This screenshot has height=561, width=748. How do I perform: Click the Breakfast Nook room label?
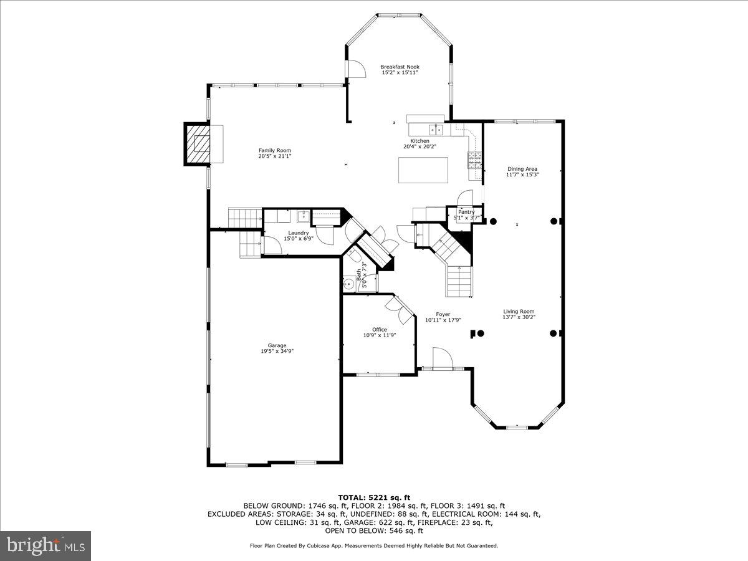coord(400,67)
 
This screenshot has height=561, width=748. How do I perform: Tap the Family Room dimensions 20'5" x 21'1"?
coord(275,156)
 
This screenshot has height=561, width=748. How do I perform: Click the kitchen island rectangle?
coord(423,170)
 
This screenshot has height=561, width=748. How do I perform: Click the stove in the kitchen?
coord(474,160)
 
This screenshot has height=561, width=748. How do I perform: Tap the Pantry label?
coord(466,212)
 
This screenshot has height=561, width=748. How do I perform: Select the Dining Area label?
coord(522,169)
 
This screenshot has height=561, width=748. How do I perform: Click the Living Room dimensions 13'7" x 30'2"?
coord(519,317)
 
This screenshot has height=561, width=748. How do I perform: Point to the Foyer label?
coord(443,314)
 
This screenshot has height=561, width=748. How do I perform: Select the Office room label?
coord(380,329)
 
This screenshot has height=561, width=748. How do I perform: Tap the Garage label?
coord(277,345)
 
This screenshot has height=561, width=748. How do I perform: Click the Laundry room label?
coord(299,233)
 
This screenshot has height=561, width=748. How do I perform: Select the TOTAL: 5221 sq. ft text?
coord(374,497)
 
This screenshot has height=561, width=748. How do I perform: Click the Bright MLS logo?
coord(46,546)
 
